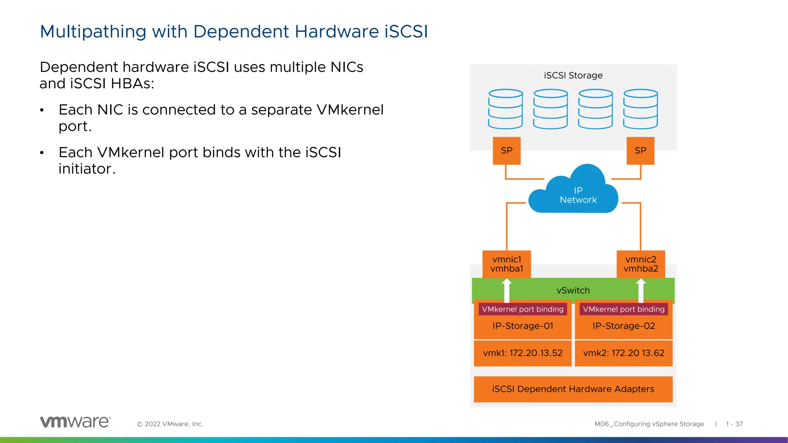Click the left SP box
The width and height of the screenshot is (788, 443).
point(506,151)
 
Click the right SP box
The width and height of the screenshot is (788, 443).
point(640,151)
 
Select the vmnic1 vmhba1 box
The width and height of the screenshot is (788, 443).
point(506,264)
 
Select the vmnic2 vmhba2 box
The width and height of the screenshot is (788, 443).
point(641,264)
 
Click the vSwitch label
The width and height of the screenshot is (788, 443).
point(573,291)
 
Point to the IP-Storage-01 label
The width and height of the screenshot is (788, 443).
point(523,326)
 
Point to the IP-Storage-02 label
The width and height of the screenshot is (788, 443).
point(623,326)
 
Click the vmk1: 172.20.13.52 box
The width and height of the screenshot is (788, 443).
point(523,353)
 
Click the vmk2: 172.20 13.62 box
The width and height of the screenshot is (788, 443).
point(623,353)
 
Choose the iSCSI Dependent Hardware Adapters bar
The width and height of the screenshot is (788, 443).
point(573,389)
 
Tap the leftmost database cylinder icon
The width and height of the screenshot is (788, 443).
point(505,109)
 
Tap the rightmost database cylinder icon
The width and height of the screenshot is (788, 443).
point(641,109)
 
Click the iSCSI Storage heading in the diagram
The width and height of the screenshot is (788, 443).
point(573,75)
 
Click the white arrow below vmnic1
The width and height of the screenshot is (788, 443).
point(507,291)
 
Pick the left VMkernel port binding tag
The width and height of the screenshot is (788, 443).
point(523,309)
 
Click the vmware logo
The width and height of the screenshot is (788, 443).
point(75,422)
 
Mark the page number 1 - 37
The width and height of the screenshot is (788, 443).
point(734,424)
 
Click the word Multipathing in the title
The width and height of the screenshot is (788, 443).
point(93,32)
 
